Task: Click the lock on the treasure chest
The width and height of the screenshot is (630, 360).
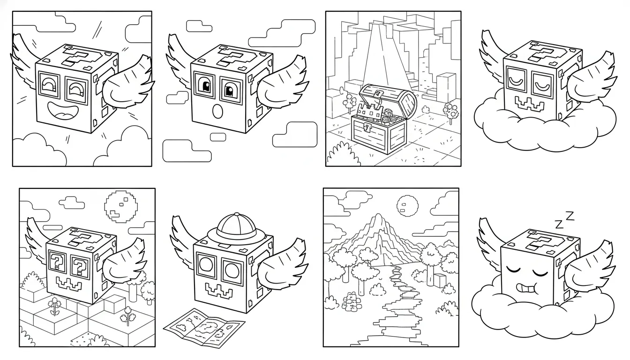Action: point(367,128)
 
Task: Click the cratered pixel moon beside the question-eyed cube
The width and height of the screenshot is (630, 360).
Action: point(121,206)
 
